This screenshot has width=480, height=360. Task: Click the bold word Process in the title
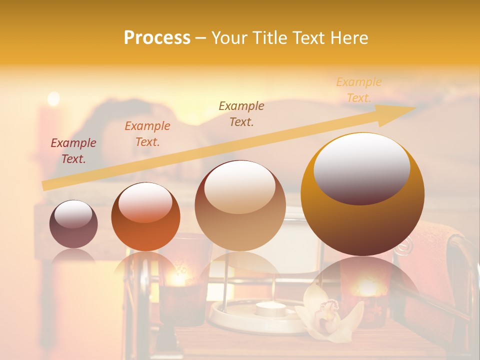157,38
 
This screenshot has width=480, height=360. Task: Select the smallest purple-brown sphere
73,224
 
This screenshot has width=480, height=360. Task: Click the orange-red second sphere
145,216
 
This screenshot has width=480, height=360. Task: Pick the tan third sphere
240,206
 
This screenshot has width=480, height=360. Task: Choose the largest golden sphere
362,194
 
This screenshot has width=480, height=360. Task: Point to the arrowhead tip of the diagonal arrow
415,107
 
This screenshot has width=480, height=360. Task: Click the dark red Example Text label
73,151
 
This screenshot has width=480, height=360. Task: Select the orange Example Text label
147,134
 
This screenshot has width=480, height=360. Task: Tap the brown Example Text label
241,113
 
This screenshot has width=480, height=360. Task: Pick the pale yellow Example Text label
358,90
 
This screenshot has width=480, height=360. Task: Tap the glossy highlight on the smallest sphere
73,214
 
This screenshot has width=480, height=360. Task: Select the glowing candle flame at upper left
53,98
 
